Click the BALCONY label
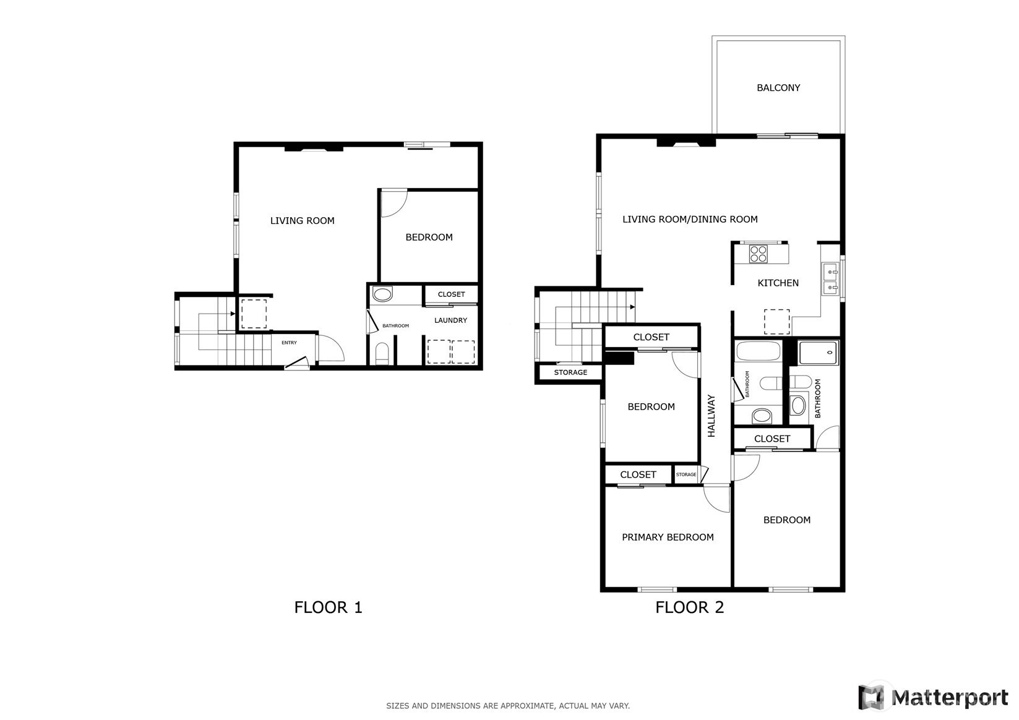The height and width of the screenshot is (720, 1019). point(778,88)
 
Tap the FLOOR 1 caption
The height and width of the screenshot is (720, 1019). point(328,607)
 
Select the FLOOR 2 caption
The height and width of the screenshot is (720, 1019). point(689,607)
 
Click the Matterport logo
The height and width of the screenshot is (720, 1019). point(933,697)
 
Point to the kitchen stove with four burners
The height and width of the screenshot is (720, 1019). point(758,254)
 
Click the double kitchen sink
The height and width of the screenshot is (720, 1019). point(831,278)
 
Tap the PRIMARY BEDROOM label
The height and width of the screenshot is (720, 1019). point(668,537)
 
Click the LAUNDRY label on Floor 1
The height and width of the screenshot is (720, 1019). point(450,320)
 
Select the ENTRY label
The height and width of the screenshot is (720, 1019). point(289,343)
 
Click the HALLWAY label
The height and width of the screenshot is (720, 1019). point(712,416)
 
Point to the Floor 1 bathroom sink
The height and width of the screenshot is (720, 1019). point(382,294)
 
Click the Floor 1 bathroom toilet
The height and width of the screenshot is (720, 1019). point(382,353)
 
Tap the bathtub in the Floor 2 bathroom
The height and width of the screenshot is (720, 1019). point(758,351)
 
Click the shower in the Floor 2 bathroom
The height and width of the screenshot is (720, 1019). point(819,353)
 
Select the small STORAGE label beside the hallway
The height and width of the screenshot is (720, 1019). point(686,474)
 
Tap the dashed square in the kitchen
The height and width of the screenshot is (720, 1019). point(776,322)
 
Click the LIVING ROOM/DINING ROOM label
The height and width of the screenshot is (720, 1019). point(690,219)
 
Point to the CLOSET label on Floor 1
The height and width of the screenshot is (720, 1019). point(451,294)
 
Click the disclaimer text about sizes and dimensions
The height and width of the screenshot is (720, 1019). point(508,706)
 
